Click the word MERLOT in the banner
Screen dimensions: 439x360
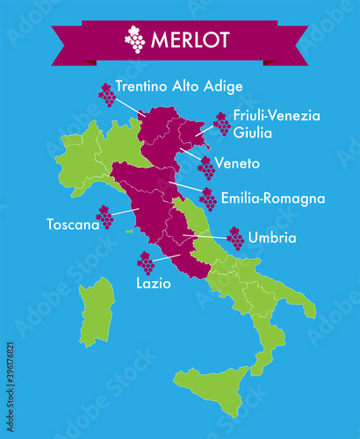pos(191,40)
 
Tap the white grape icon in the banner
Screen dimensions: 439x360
pos(135,39)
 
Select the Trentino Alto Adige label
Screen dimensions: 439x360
pos(179,86)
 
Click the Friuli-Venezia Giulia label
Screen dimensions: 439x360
pos(277,124)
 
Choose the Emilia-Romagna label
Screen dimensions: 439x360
pos(273,199)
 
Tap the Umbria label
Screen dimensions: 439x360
pos(272,237)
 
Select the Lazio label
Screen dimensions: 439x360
pos(153,284)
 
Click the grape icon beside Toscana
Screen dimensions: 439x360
pos(104,216)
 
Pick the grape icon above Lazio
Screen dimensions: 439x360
pos(146,263)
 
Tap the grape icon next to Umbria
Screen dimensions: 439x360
pos(235,238)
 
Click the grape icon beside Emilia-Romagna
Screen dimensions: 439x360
pos(208,199)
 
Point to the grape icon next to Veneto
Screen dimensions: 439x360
pos(206,167)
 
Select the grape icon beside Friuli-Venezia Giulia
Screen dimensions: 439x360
pos(221,124)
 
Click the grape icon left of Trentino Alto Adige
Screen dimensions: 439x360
pos(106,94)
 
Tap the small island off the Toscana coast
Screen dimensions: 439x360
pos(129,231)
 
